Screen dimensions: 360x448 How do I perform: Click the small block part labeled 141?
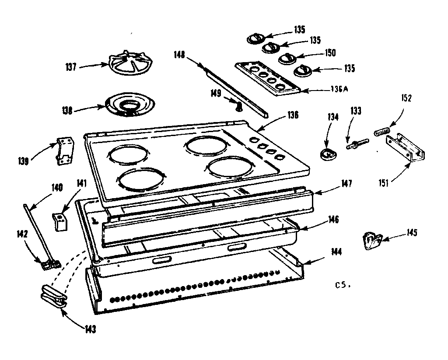click(60, 220)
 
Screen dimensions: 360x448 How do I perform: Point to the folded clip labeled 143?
click(53, 297)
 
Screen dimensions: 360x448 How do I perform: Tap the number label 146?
click(335, 219)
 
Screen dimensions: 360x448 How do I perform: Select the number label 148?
click(178, 56)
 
